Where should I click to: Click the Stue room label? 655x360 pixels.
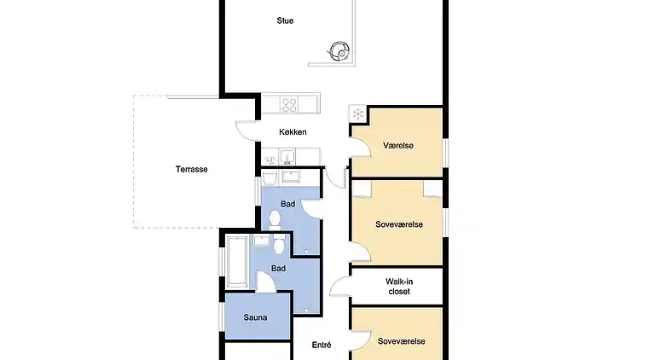pos(285,20)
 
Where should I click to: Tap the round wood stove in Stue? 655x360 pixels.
pos(339,51)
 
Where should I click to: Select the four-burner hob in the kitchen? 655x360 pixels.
pos(289,105)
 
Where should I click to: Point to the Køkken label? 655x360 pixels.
pos(293,132)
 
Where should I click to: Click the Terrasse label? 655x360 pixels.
pos(192,169)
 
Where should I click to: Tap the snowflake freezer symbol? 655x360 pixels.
pos(357,114)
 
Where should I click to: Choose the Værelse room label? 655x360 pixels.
pos(397,146)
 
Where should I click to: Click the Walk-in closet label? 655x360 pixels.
pos(398,286)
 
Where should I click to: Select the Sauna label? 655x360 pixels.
pos(256,318)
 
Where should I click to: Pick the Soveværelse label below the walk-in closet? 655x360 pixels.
pos(400,341)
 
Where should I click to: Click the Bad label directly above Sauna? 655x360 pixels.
pos(278,268)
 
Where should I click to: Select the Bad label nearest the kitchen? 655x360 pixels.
pos(288,204)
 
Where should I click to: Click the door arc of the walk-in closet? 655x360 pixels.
pos(339,287)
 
